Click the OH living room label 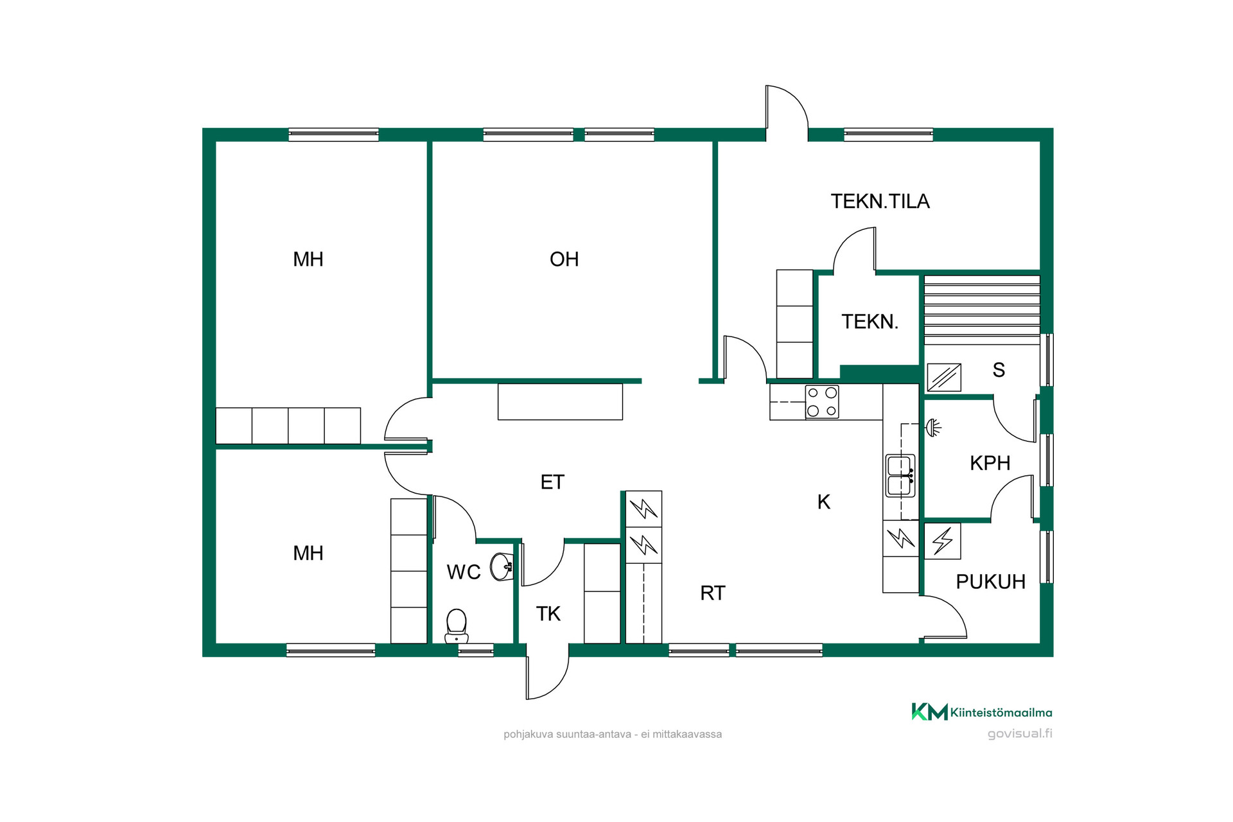click(564, 259)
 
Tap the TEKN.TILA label click(880, 202)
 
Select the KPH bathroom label click(990, 463)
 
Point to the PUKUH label click(990, 582)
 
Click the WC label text click(464, 572)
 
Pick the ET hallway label click(552, 482)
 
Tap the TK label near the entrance click(548, 614)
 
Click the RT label click(713, 593)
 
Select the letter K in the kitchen click(824, 502)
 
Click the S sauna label click(999, 370)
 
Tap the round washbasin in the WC click(502, 566)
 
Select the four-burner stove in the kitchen click(822, 402)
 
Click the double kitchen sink click(900, 476)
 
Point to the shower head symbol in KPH click(933, 427)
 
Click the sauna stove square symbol click(943, 378)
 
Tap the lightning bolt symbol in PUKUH click(943, 541)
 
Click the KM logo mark click(929, 712)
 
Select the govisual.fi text click(1020, 734)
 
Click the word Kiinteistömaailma click(1001, 712)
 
